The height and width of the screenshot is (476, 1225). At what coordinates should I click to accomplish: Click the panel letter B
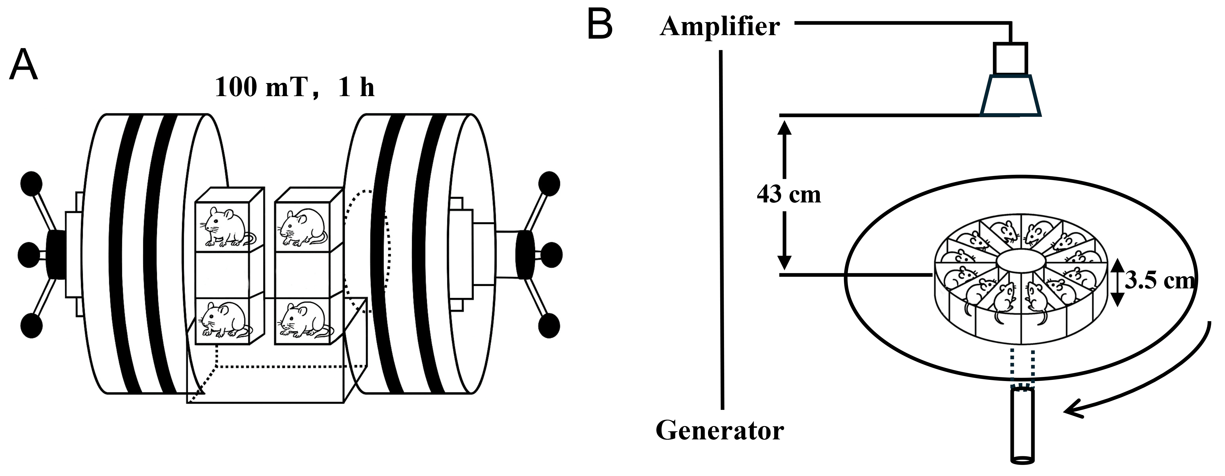[600, 25]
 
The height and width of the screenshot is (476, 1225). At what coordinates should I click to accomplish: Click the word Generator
[719, 431]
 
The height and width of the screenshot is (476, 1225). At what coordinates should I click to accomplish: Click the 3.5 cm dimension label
[1159, 281]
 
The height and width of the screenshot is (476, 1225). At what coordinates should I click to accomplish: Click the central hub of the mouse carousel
[1021, 262]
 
